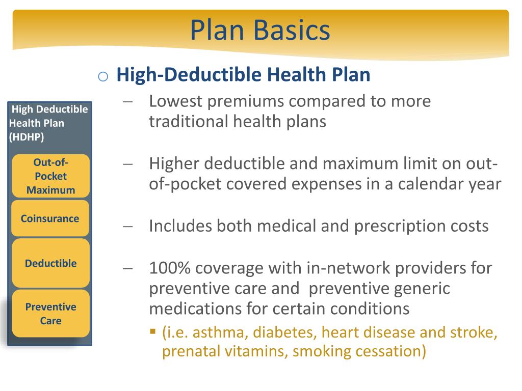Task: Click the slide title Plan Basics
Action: tap(260, 30)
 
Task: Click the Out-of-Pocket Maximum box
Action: tap(50, 176)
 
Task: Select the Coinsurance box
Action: tap(50, 218)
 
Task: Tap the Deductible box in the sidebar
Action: tap(50, 263)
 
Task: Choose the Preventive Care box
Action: tap(50, 314)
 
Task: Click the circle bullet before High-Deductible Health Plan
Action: tap(102, 76)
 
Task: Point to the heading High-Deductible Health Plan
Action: tap(243, 75)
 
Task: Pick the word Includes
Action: tap(180, 226)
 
